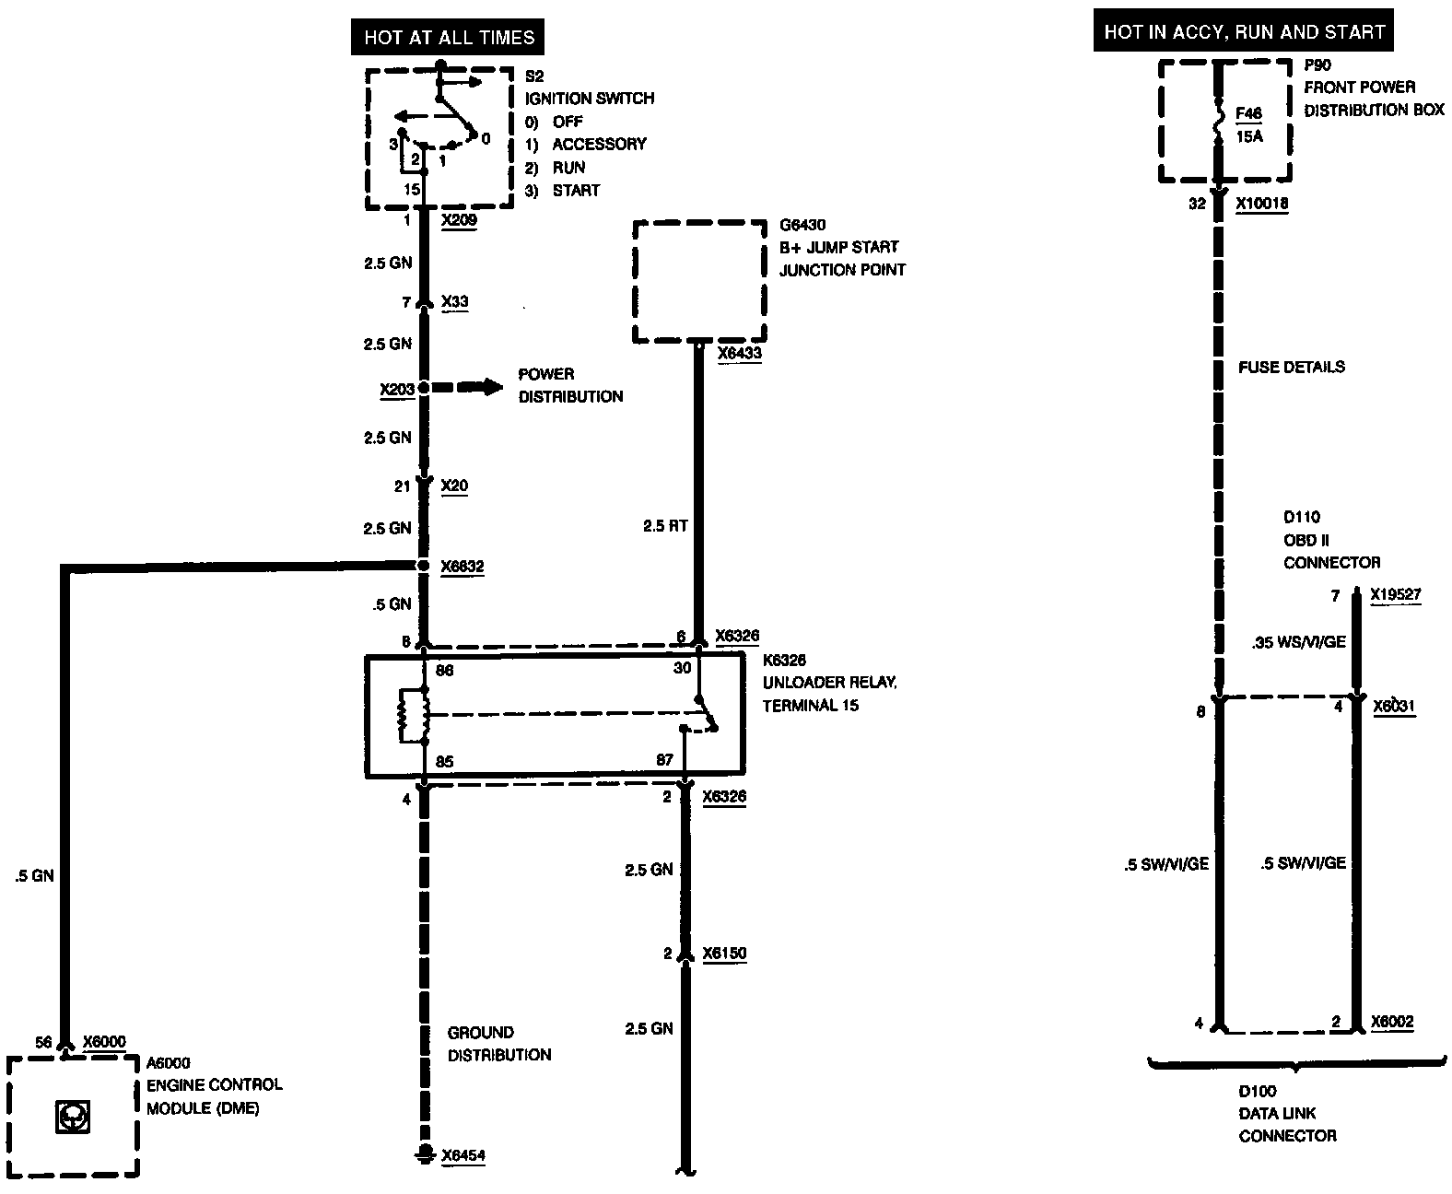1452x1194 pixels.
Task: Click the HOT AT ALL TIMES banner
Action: pyautogui.click(x=449, y=38)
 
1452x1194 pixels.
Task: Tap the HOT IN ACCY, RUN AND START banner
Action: pyautogui.click(x=1244, y=32)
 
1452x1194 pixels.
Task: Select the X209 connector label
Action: pyautogui.click(x=459, y=221)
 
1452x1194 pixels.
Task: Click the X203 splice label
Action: pyautogui.click(x=397, y=390)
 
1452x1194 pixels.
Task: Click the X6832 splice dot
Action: pyautogui.click(x=424, y=566)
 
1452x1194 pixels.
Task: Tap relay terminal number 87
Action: pyautogui.click(x=664, y=761)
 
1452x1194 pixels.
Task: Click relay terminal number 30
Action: pyautogui.click(x=682, y=668)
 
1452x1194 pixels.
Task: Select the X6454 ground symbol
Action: pyautogui.click(x=425, y=1153)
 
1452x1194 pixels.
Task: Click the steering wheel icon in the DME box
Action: pyautogui.click(x=73, y=1117)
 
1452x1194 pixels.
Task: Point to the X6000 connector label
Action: pyautogui.click(x=104, y=1041)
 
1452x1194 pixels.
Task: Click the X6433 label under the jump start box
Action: pyautogui.click(x=739, y=354)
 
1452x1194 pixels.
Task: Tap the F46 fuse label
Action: pyautogui.click(x=1248, y=113)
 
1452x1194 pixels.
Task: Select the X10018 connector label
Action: pyautogui.click(x=1261, y=205)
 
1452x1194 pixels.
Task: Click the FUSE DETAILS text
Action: pyautogui.click(x=1291, y=367)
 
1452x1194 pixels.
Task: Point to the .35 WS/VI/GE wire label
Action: pyautogui.click(x=1298, y=642)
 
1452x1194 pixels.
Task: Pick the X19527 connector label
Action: pyautogui.click(x=1395, y=595)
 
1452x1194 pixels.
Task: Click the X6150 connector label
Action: pyautogui.click(x=724, y=954)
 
